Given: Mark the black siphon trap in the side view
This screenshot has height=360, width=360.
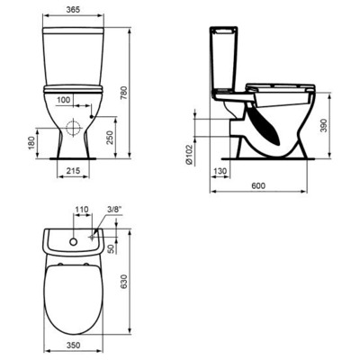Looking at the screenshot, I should click(x=267, y=120).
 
